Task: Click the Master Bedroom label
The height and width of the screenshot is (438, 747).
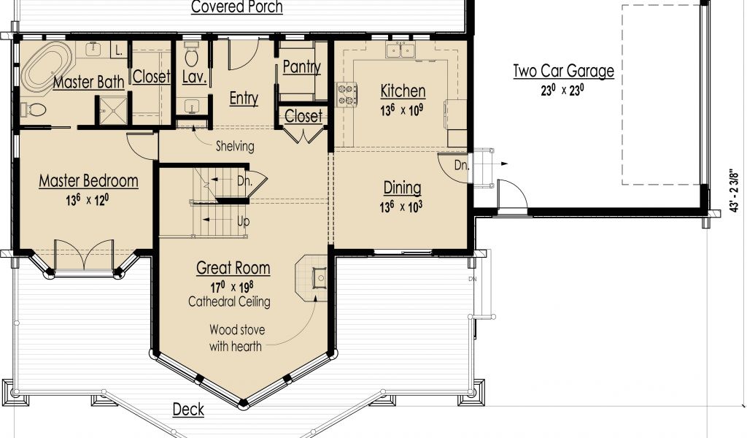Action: coord(88,181)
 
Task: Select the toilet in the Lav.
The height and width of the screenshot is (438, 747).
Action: coord(192,55)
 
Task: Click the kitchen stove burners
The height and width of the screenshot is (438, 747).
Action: coord(347,94)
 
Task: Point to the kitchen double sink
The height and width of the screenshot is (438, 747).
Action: coord(400,49)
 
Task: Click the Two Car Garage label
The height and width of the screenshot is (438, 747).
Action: coord(564,72)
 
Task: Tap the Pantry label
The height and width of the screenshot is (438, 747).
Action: coord(301,67)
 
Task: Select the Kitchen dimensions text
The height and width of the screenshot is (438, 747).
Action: coord(402,110)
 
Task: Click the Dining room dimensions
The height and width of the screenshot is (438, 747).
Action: coord(400,207)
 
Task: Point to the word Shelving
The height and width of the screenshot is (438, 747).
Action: coord(235,146)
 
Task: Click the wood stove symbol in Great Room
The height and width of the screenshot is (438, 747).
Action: coord(320,278)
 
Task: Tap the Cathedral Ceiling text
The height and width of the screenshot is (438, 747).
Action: coord(229,301)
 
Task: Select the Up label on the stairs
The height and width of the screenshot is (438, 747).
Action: coord(243,222)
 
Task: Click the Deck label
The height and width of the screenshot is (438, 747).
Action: coord(188,410)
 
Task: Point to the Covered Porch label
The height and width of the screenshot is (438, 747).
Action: coord(237,7)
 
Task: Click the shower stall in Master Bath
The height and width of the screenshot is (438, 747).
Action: coord(113,112)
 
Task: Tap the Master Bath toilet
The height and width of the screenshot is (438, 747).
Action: coord(34,110)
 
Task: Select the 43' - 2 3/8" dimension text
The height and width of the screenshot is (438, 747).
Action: coord(735,189)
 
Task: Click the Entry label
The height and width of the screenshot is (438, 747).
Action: coord(244,99)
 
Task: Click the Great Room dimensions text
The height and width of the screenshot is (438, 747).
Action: coord(232,287)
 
